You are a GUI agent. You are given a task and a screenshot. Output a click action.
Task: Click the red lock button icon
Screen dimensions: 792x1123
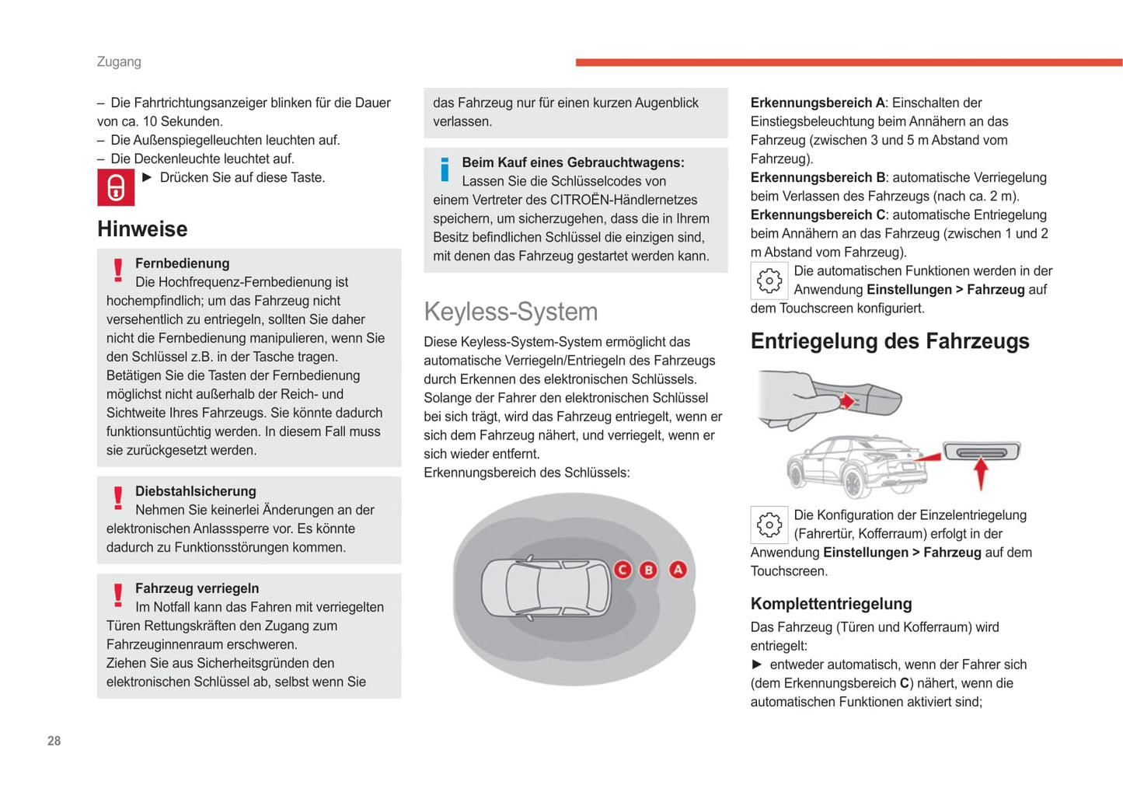[116, 188]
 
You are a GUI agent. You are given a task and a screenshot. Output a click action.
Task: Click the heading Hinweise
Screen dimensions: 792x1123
[142, 229]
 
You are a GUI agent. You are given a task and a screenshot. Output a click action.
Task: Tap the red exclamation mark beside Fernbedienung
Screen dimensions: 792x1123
[118, 270]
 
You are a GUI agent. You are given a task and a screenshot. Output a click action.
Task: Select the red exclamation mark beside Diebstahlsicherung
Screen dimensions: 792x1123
[118, 497]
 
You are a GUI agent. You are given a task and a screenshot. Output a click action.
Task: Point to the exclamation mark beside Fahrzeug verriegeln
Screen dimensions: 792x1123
[118, 595]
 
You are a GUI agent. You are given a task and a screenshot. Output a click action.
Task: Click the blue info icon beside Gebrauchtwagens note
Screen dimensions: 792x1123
[445, 169]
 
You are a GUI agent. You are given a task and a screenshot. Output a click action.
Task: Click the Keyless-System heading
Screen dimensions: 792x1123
[511, 312]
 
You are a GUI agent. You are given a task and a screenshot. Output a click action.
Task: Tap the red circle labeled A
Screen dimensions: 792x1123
[678, 570]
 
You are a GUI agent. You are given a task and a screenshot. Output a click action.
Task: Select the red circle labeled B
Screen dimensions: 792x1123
[648, 570]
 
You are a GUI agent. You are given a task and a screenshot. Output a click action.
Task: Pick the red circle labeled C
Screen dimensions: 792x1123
[623, 570]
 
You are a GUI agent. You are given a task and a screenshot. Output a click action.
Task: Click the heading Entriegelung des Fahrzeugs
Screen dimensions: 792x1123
[890, 341]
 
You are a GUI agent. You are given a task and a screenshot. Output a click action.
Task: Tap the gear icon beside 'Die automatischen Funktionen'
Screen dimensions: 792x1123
[769, 281]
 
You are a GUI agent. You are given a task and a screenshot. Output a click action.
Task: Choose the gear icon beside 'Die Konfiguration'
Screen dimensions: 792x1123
[769, 525]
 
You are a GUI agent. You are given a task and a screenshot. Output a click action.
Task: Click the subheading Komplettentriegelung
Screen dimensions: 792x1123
[831, 604]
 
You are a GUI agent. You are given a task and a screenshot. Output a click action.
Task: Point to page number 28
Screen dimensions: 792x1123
[54, 741]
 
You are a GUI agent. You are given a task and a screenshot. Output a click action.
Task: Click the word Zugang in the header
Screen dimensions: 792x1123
[119, 61]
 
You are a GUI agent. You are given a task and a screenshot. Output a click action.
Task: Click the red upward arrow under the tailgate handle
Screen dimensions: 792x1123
[981, 473]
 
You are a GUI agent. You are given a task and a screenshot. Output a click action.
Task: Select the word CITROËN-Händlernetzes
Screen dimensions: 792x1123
[623, 200]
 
